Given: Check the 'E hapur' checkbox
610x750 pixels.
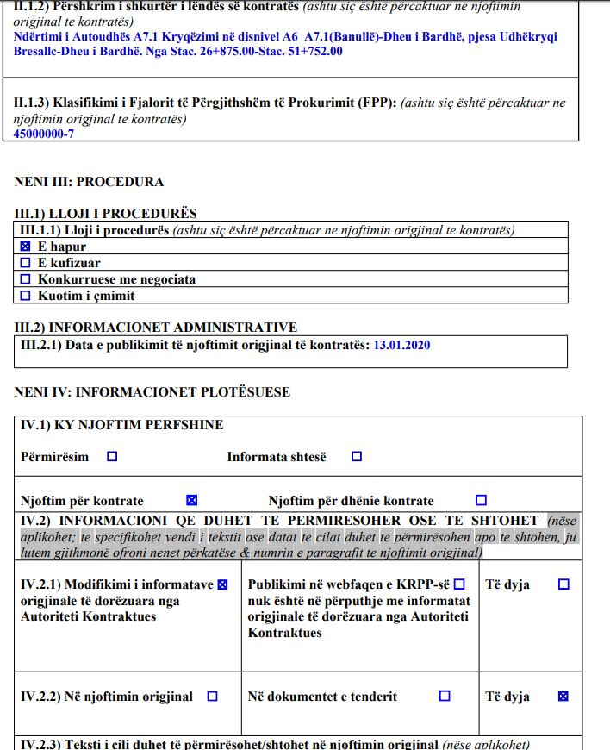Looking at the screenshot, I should (x=25, y=247).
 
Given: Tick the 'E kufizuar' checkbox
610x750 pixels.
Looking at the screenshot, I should (x=25, y=263).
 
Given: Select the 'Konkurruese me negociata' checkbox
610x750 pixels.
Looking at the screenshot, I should (x=25, y=279).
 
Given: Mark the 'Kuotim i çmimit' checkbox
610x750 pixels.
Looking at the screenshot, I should (x=25, y=296).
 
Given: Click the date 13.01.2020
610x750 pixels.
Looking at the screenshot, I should (x=401, y=345).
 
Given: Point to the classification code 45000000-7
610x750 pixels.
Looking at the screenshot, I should (x=44, y=134).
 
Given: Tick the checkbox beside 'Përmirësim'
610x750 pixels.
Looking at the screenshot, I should (x=112, y=457).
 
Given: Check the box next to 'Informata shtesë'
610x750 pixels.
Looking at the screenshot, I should (x=357, y=457).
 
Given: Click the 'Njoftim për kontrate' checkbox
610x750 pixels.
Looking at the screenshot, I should (x=191, y=500).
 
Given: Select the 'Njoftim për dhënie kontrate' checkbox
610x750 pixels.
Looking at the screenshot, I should (x=481, y=500).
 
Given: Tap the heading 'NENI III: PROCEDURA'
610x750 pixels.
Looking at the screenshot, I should (x=89, y=182).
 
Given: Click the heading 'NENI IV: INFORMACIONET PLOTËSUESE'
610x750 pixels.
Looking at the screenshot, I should (x=152, y=392).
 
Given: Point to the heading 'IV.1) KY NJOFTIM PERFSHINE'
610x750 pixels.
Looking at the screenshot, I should (x=121, y=425).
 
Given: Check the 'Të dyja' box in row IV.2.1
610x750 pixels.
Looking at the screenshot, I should (x=563, y=584).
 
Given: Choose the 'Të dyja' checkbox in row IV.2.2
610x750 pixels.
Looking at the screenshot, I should (x=563, y=697).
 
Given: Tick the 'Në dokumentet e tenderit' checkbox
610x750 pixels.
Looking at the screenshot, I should (x=445, y=697).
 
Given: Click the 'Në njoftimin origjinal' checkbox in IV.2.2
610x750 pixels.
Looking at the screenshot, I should (x=213, y=697).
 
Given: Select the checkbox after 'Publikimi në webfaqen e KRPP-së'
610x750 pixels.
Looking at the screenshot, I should (x=459, y=584).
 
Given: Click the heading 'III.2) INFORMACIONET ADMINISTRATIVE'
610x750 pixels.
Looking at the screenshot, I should (x=156, y=328).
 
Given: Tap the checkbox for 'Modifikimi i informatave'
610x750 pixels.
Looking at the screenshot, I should (x=223, y=584).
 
